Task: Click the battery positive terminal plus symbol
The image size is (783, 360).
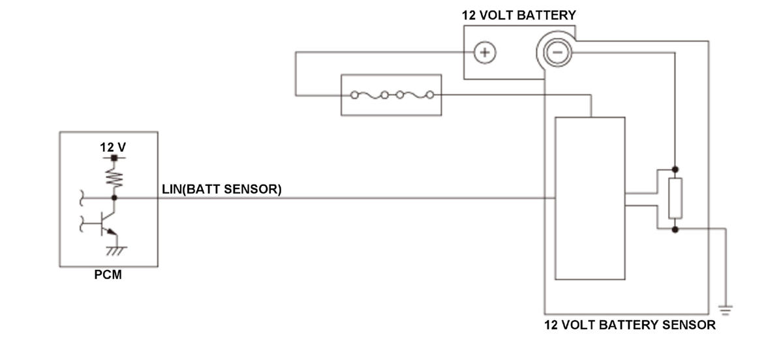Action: click(x=484, y=52)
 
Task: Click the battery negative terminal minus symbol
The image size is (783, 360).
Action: click(x=557, y=52)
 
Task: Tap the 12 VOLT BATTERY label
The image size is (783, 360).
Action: click(x=519, y=16)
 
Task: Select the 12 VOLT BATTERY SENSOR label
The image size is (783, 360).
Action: click(x=630, y=325)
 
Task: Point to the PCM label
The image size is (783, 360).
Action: click(x=108, y=275)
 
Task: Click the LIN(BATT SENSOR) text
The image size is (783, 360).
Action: click(x=222, y=189)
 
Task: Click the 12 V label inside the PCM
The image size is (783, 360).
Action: click(x=112, y=147)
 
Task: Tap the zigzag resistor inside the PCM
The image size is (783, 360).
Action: click(x=114, y=178)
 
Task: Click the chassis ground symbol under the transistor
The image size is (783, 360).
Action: click(x=116, y=251)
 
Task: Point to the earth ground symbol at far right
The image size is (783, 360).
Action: click(x=726, y=310)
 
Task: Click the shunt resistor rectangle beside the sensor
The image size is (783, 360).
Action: click(x=675, y=198)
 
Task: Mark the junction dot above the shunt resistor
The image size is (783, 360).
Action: click(x=675, y=170)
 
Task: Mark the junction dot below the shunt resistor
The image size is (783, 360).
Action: click(x=675, y=230)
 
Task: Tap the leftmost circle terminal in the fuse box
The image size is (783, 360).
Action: click(x=354, y=95)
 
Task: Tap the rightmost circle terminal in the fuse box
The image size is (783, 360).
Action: click(x=430, y=95)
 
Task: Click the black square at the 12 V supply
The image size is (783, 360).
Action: click(x=114, y=158)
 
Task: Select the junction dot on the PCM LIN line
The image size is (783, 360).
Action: click(x=114, y=198)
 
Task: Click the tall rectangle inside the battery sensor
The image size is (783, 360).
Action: click(x=590, y=198)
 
